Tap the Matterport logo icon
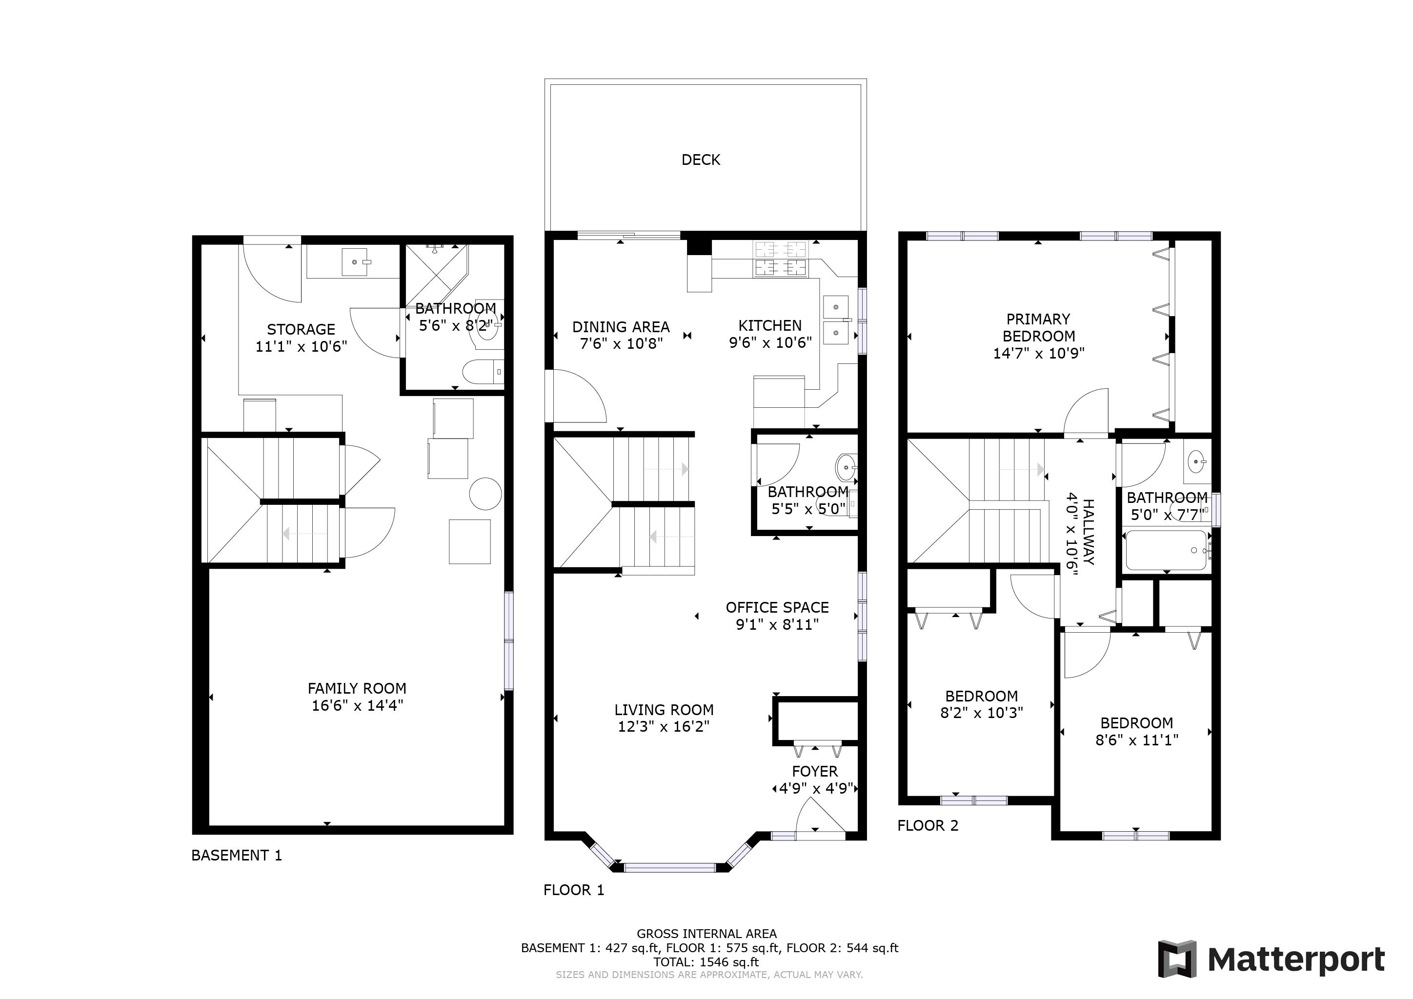1177,959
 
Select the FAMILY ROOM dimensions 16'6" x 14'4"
357,705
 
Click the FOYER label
815,771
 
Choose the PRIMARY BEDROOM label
1038,328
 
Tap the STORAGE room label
301,329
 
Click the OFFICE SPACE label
777,608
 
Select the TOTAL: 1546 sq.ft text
706,962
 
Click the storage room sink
356,262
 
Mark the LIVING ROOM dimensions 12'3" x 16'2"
664,726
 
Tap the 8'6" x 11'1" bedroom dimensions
1137,740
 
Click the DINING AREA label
621,327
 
